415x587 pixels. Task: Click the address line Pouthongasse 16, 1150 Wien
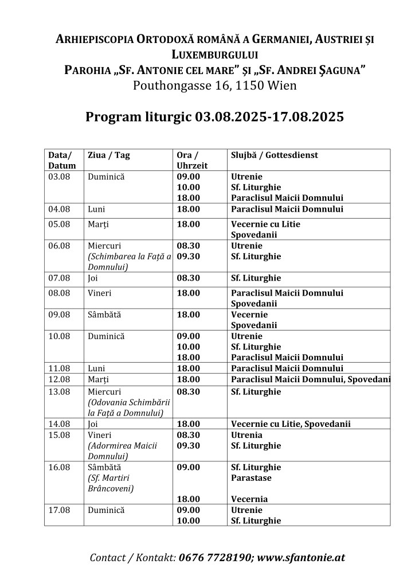214,86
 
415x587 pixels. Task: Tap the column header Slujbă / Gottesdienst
274,156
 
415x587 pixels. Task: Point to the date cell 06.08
59,246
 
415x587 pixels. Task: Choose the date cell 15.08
59,435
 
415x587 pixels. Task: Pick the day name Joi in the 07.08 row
93,278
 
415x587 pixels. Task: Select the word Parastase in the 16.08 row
251,478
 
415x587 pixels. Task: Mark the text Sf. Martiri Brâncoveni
111,483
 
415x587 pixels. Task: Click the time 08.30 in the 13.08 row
189,392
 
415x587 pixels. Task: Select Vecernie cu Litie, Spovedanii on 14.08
291,424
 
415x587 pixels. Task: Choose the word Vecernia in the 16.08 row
249,499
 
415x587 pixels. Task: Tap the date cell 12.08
59,379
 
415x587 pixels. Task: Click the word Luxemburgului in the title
214,55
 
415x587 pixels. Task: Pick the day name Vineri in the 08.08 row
100,293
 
